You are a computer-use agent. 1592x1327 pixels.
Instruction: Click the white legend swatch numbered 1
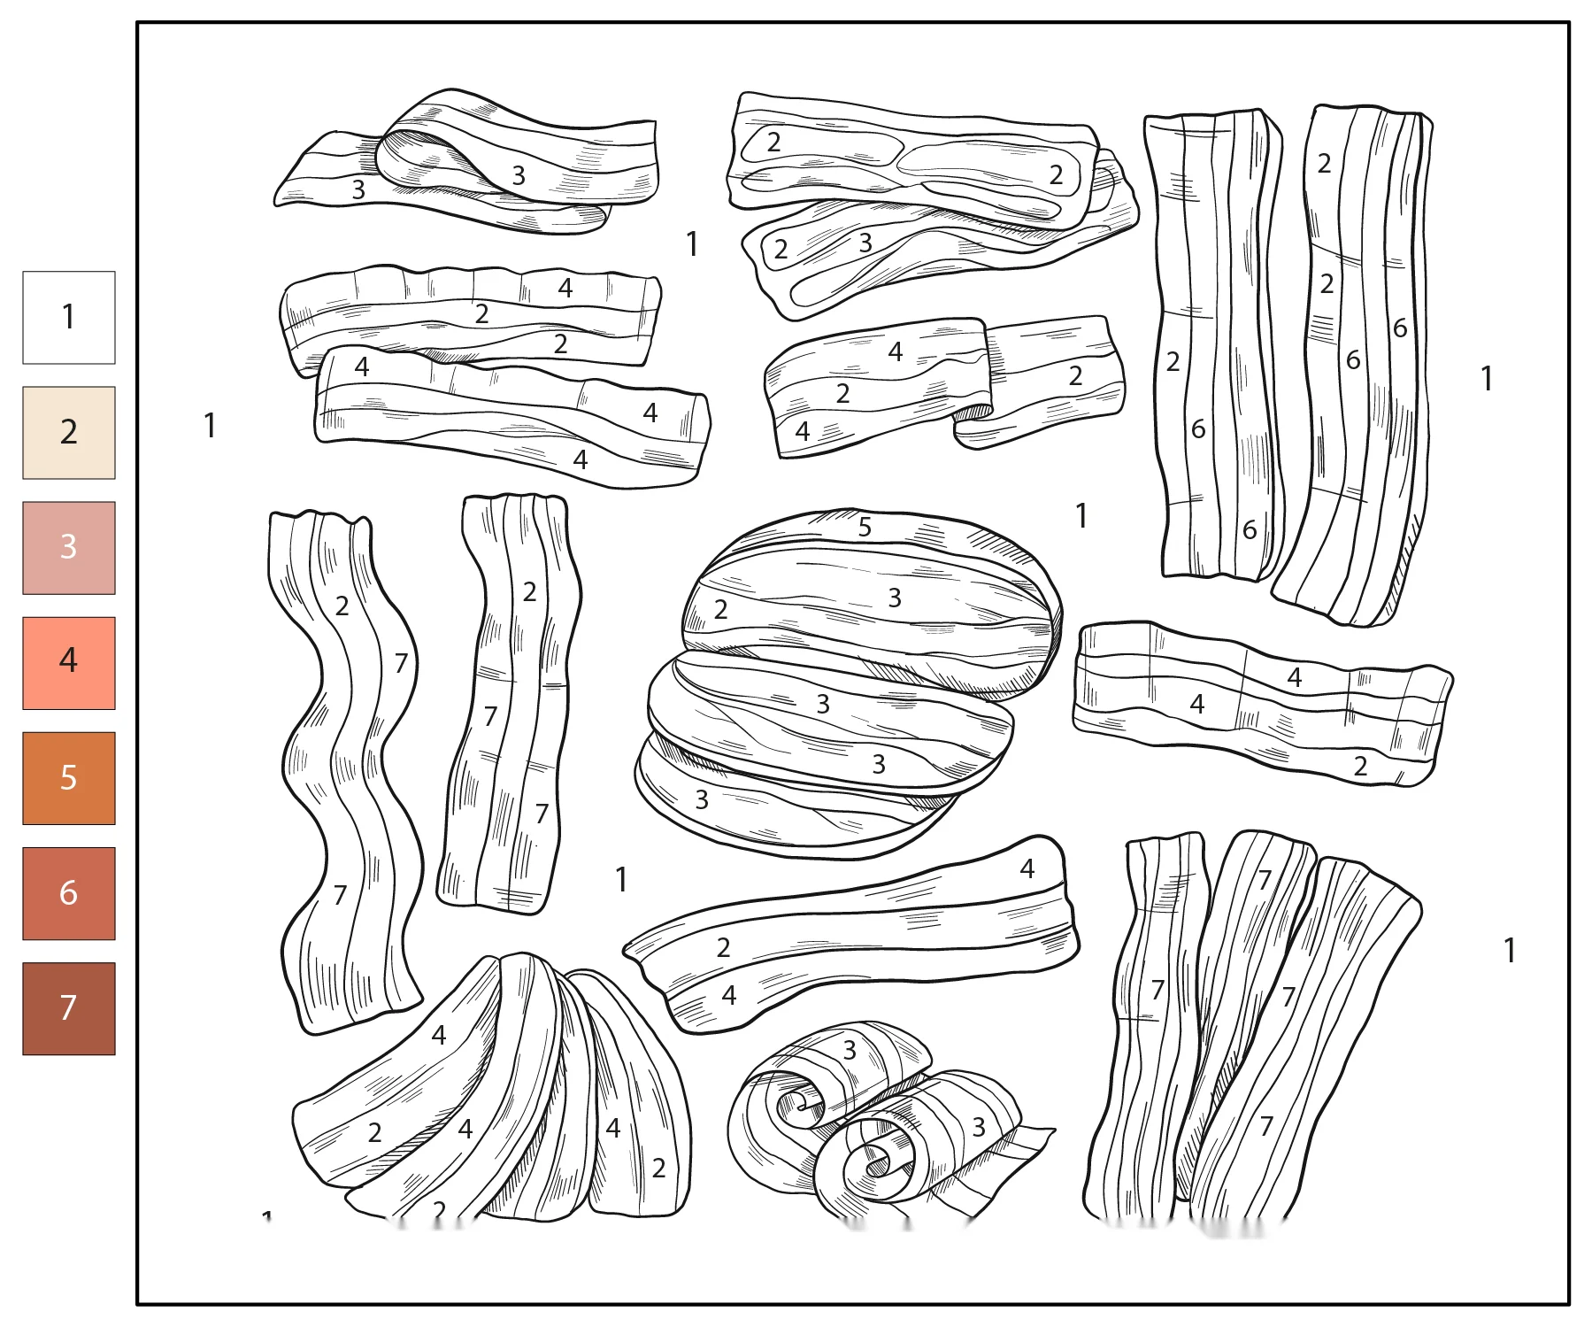click(69, 317)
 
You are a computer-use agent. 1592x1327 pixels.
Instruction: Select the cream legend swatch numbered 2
click(69, 433)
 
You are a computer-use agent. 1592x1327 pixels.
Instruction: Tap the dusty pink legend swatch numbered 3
click(69, 548)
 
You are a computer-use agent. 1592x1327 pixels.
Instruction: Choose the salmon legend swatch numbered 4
click(69, 663)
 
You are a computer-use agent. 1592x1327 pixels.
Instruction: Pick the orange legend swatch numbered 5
click(69, 778)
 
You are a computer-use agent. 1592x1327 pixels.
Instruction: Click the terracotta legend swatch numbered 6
click(69, 893)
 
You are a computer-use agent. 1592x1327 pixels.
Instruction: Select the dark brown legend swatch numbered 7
click(69, 1008)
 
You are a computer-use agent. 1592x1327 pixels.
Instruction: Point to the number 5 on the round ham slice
click(865, 528)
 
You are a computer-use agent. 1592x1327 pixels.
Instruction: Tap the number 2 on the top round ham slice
click(721, 609)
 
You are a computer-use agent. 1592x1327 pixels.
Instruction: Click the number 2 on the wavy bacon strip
click(342, 606)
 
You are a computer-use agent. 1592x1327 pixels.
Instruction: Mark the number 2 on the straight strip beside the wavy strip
click(529, 591)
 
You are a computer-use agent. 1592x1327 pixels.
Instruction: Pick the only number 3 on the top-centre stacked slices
click(865, 242)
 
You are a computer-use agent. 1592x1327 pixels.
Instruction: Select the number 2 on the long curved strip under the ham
click(723, 947)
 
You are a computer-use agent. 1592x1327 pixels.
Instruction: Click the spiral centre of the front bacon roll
click(876, 1161)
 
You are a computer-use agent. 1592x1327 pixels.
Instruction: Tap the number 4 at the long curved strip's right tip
click(1027, 868)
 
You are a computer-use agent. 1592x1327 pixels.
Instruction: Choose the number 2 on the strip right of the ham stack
click(1360, 766)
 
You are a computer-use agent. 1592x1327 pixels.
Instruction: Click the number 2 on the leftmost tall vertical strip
click(1173, 361)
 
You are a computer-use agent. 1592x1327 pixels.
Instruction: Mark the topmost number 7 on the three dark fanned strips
click(1265, 880)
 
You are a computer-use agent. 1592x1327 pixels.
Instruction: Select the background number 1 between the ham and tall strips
click(1081, 515)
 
